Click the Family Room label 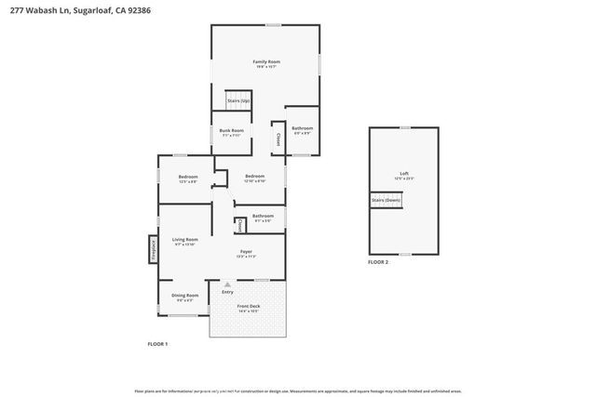point(266,62)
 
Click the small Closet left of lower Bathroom point(238,224)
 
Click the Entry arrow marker point(227,285)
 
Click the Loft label point(403,175)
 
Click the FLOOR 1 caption point(157,344)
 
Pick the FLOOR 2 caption point(378,263)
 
